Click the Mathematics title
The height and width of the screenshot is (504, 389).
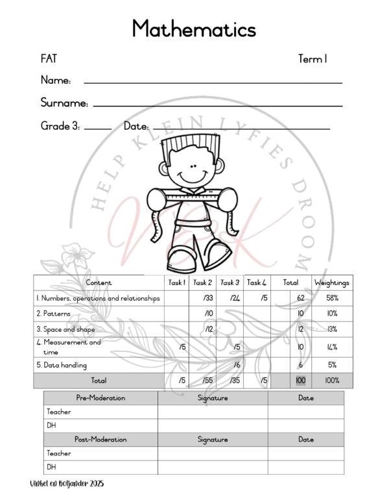pos(194,29)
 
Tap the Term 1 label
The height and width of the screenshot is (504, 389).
pos(312,59)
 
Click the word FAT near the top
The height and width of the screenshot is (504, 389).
pos(49,59)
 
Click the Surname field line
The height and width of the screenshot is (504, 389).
pos(218,105)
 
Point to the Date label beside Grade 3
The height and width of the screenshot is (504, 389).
pos(136,126)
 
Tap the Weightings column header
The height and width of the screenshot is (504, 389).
pos(332,283)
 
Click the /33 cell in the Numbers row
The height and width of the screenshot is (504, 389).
pos(201,298)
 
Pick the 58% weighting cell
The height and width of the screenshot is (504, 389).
pos(332,298)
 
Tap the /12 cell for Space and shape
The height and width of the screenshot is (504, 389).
pos(201,329)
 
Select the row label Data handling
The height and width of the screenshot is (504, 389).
pos(62,365)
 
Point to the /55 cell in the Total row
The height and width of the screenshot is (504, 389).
pos(201,381)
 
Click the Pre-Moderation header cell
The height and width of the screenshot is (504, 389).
pos(100,397)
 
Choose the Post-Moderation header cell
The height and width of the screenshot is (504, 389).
pos(100,440)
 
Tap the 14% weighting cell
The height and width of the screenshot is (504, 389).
pos(332,347)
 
